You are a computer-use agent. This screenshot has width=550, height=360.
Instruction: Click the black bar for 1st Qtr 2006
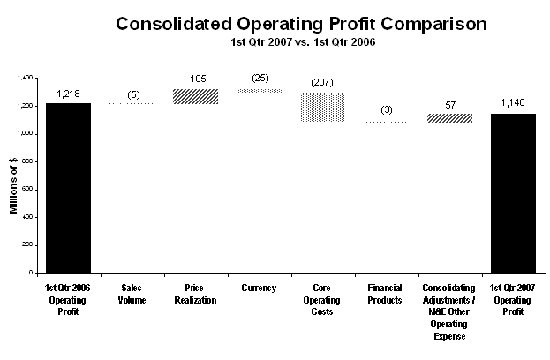click(68, 188)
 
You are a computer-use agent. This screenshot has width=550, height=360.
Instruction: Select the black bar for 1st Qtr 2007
click(513, 193)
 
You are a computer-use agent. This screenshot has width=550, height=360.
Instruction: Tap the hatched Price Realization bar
click(196, 96)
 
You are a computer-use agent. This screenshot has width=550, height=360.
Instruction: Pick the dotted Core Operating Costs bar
click(323, 108)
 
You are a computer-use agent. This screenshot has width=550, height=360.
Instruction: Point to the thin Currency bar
click(260, 91)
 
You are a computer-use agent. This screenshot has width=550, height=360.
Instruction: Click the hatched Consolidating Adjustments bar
click(449, 118)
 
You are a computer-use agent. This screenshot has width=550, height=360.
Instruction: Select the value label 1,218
click(68, 94)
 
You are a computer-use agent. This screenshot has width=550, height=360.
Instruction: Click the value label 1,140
click(513, 102)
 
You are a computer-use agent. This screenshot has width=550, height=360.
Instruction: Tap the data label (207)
click(322, 82)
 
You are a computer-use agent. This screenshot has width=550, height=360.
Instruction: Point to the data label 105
click(198, 79)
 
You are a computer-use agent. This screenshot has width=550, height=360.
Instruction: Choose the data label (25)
click(260, 78)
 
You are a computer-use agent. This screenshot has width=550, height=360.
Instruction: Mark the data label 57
click(450, 105)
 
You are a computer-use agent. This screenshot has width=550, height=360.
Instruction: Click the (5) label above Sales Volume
click(133, 94)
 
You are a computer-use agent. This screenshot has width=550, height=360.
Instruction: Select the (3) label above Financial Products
click(387, 110)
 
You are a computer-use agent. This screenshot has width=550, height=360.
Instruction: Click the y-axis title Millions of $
click(13, 185)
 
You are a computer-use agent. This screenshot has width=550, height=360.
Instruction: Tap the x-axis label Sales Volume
click(132, 294)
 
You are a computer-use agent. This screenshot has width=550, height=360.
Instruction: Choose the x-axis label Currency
click(259, 289)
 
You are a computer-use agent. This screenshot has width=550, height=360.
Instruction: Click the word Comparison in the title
click(433, 25)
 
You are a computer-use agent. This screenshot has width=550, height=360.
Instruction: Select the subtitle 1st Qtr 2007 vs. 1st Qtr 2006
click(303, 42)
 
